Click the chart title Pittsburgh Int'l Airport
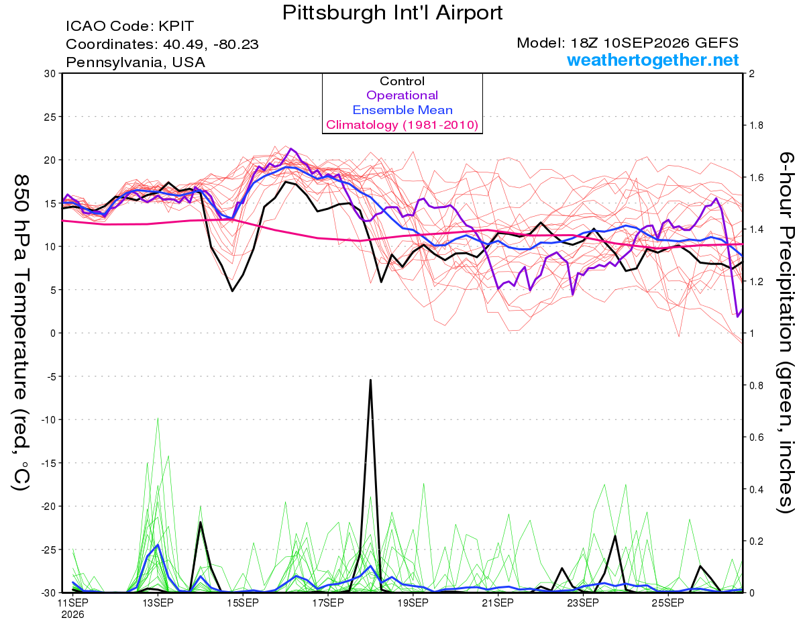point(392,13)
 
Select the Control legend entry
point(402,81)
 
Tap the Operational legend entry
point(402,95)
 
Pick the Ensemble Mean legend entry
point(402,110)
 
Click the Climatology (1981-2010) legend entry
point(402,125)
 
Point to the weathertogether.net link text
point(653,60)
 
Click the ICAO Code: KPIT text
point(129,26)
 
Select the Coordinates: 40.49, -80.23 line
point(162,44)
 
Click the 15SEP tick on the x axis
point(243,603)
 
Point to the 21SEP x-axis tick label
point(498,603)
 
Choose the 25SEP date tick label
point(668,603)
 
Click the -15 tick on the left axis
point(48,463)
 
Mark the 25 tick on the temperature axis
point(50,117)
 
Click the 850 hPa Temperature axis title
point(21,333)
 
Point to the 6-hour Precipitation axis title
point(786,333)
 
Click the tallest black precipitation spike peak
point(370,380)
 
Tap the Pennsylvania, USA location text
point(136,62)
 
